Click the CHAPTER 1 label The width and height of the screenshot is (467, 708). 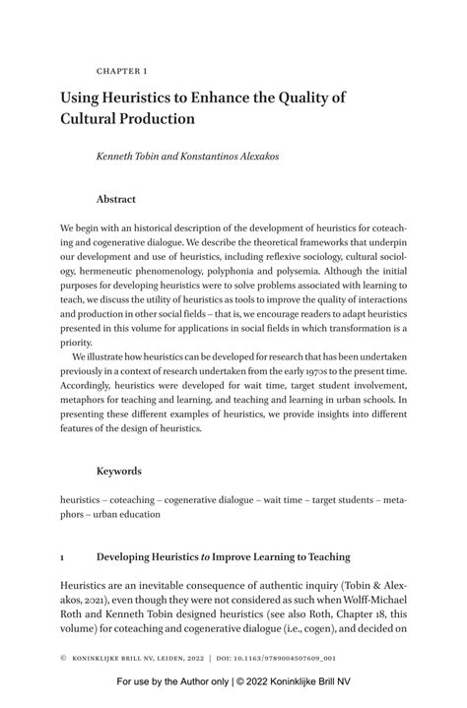pos(121,72)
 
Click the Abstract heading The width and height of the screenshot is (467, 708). pos(116,198)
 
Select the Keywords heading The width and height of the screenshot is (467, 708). pos(119,471)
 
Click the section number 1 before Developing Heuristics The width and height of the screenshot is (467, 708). pos(63,555)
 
